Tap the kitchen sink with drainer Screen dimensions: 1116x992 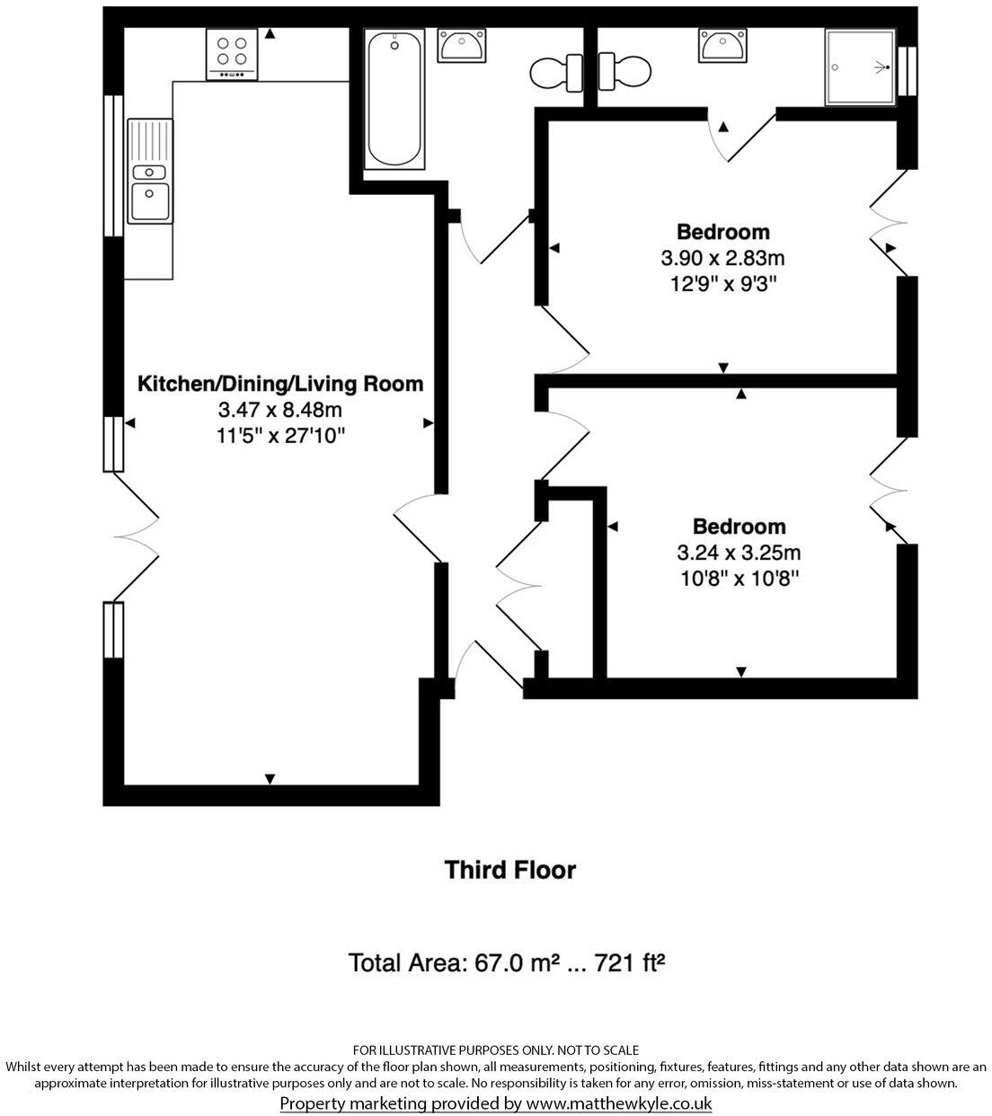click(x=149, y=171)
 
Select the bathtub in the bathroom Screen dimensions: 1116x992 click(x=394, y=99)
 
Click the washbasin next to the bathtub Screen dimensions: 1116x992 click(x=462, y=45)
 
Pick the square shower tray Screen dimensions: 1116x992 click(x=861, y=67)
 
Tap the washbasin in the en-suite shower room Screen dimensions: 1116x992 click(x=722, y=45)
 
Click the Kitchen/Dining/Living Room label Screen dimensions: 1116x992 click(x=279, y=384)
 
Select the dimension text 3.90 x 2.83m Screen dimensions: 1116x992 click(x=722, y=259)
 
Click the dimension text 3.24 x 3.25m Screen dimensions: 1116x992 click(x=739, y=553)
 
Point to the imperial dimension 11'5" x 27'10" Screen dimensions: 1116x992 click(x=280, y=437)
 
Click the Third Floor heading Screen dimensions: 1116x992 click(x=510, y=870)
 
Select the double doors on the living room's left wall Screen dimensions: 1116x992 click(x=135, y=536)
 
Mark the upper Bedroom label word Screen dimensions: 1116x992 click(x=722, y=232)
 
